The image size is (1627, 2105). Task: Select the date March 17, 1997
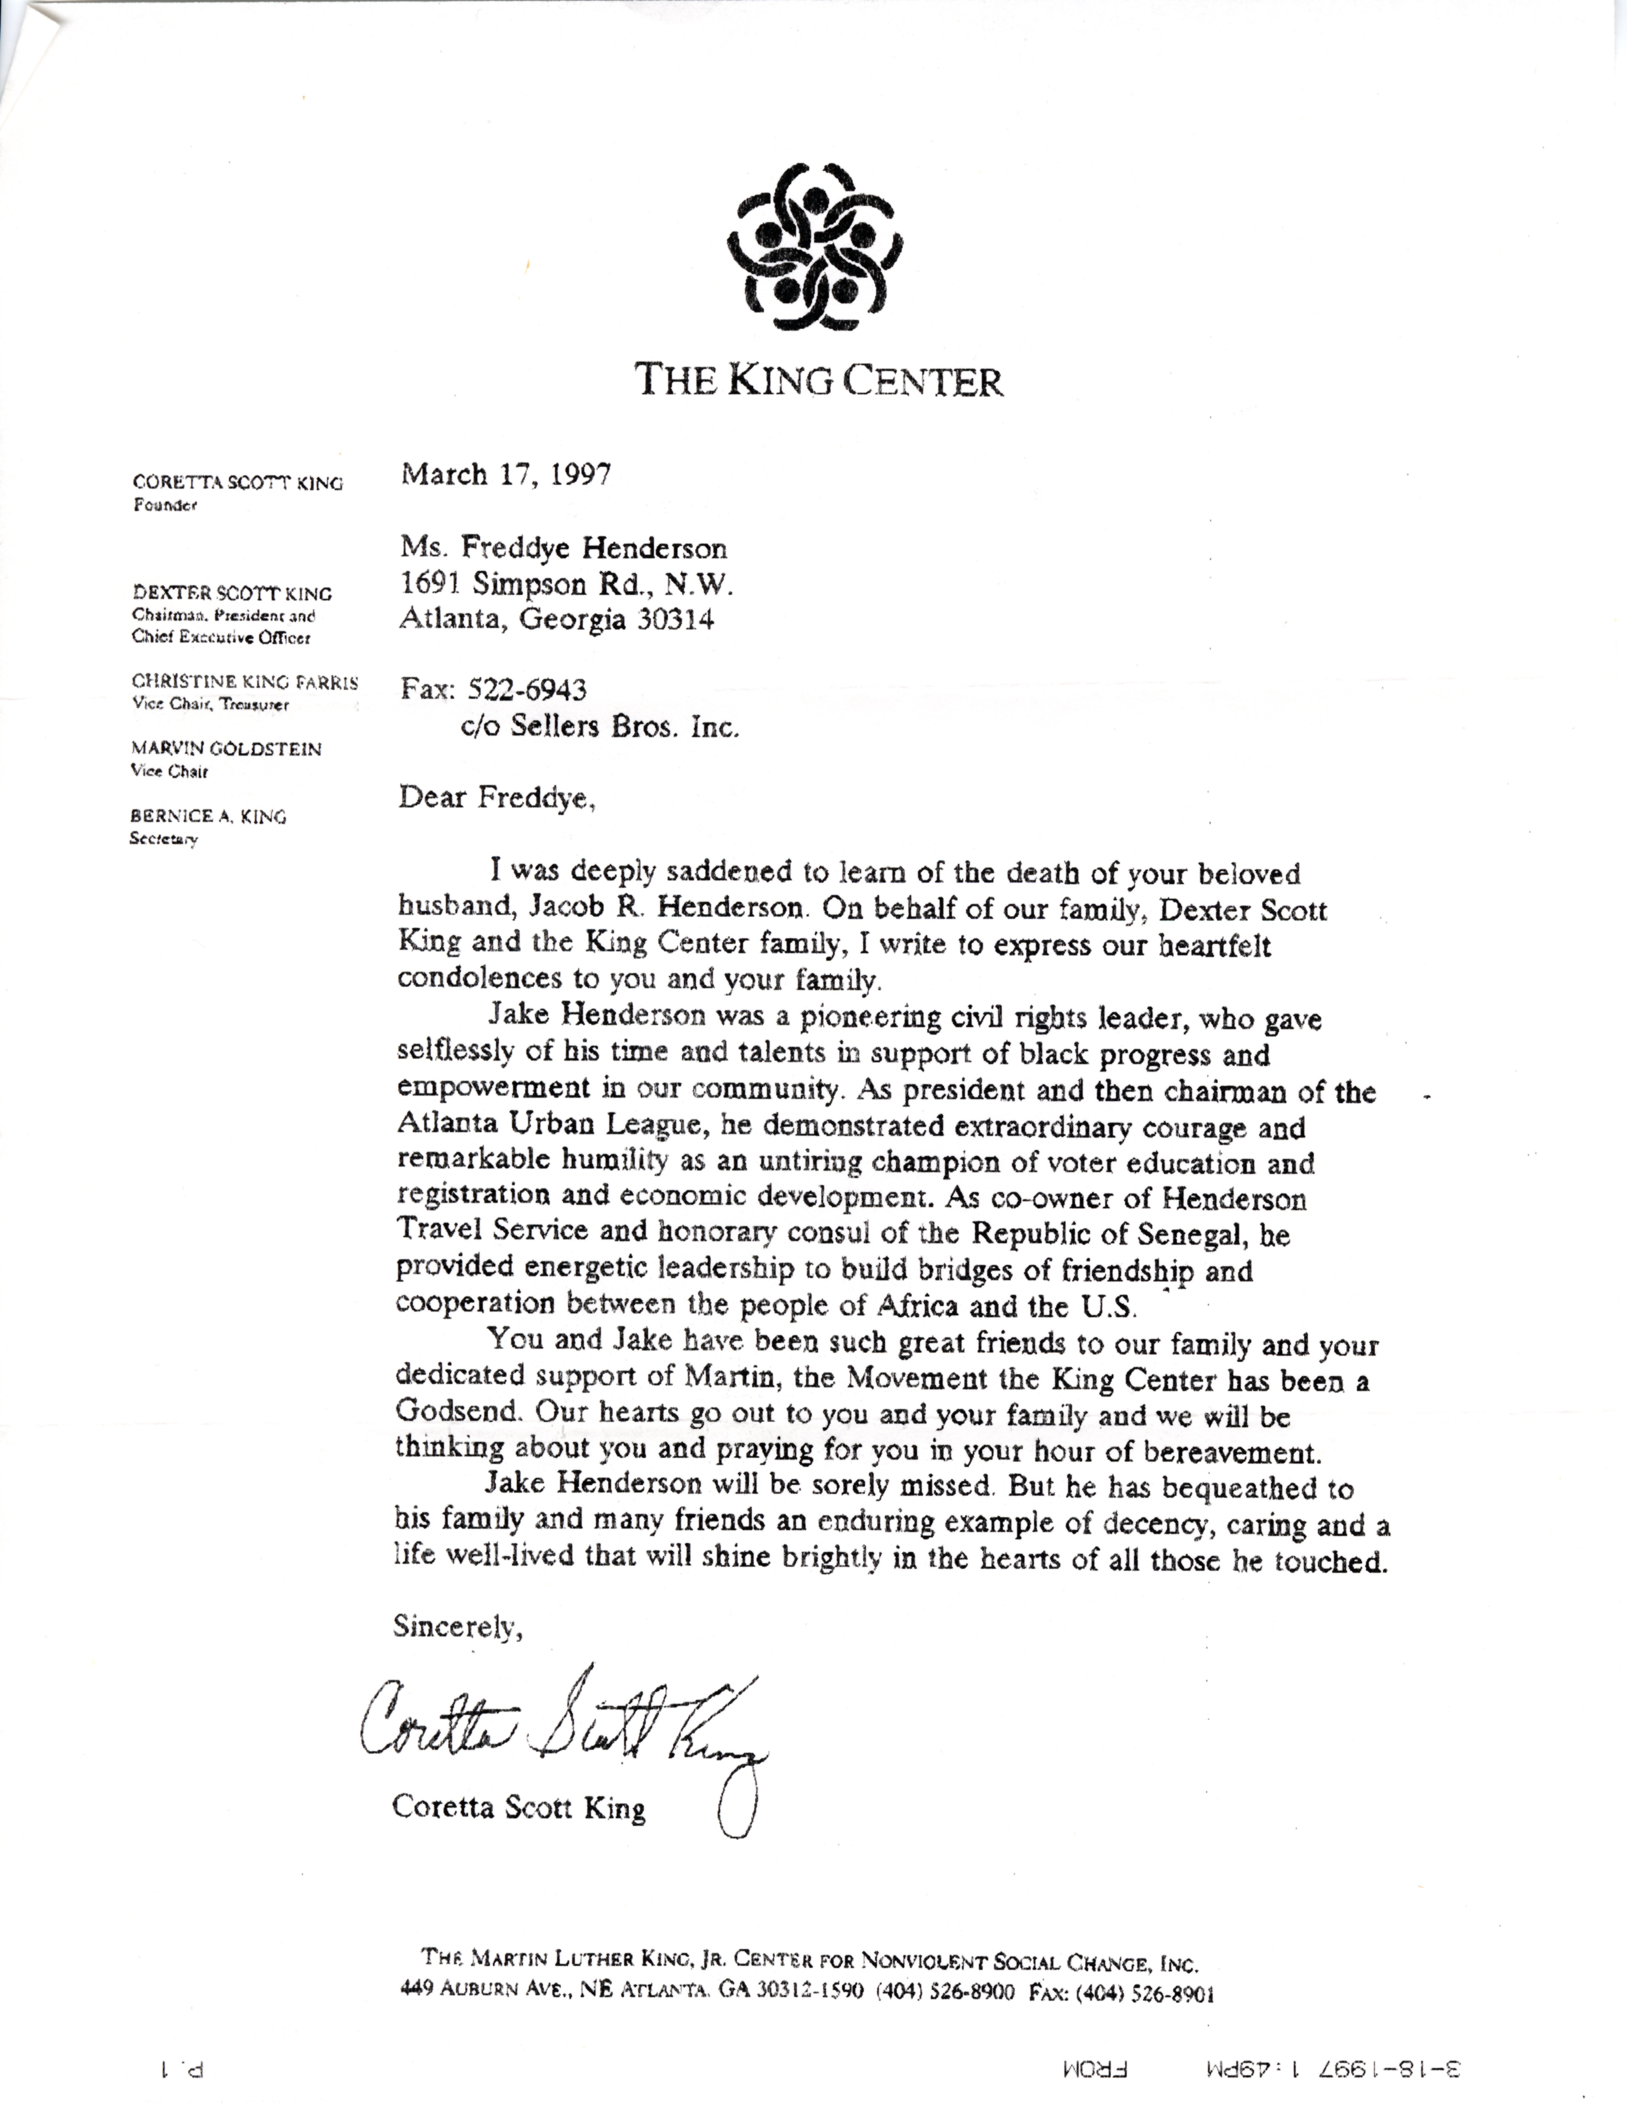tap(505, 475)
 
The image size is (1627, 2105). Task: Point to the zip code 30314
tap(675, 620)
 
